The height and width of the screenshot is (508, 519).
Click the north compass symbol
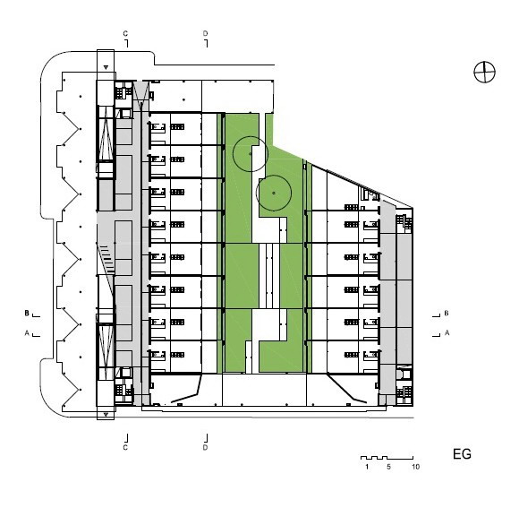[x=484, y=72]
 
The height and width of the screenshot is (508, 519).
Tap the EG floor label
[x=462, y=454]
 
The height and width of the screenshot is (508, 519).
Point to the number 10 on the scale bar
[x=416, y=467]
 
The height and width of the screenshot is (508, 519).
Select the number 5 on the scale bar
[x=388, y=467]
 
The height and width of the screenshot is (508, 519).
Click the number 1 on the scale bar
[x=367, y=467]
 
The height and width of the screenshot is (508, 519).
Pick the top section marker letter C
[x=125, y=33]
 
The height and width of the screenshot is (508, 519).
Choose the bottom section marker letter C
[x=125, y=448]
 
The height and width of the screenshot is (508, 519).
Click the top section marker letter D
[x=205, y=33]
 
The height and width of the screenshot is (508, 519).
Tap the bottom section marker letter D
[x=205, y=448]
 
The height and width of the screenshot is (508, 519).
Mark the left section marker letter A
[x=27, y=332]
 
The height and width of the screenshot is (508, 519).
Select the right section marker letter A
[x=447, y=332]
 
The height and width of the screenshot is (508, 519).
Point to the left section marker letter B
[x=27, y=314]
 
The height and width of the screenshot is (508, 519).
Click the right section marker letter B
[x=447, y=314]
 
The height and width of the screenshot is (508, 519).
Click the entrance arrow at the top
[x=106, y=67]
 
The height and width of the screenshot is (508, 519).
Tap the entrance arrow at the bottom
[x=106, y=415]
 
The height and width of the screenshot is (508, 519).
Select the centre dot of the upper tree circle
[x=251, y=154]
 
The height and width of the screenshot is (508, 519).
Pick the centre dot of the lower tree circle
[x=274, y=193]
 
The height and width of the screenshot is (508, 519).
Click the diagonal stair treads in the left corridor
[x=106, y=257]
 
